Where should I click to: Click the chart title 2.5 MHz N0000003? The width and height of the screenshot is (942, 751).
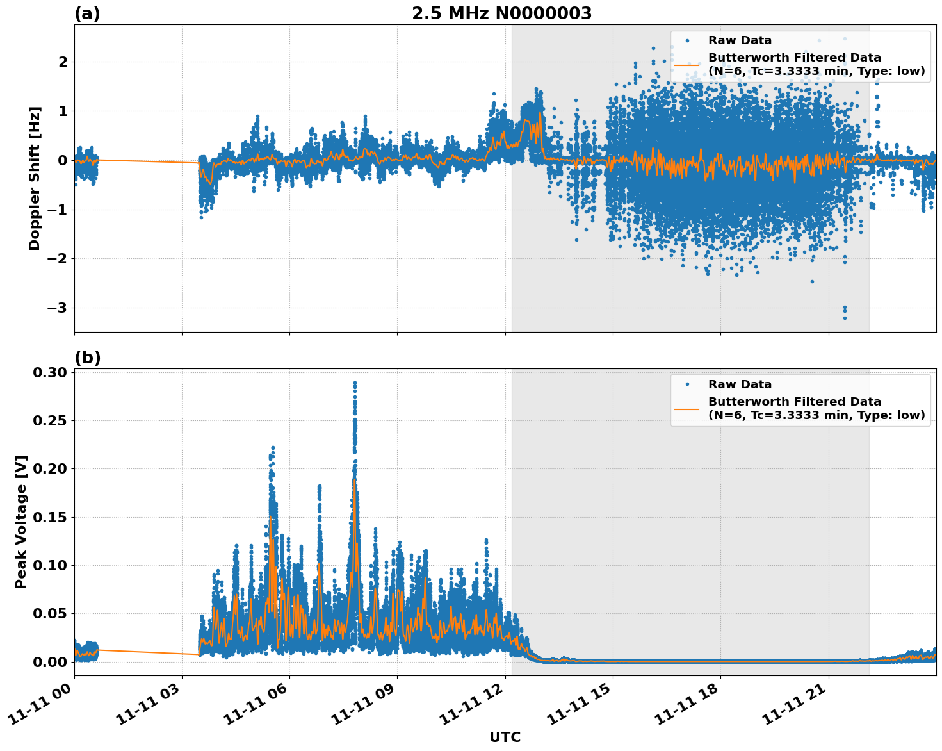[501, 13]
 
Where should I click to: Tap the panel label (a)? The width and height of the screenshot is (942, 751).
[87, 13]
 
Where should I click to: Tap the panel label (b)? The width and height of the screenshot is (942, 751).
[87, 358]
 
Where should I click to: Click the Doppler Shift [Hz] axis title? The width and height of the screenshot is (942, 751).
[35, 178]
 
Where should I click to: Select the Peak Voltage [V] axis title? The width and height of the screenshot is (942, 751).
[21, 522]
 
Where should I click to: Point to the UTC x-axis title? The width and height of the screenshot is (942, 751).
[505, 737]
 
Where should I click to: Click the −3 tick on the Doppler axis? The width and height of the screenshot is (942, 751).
[57, 308]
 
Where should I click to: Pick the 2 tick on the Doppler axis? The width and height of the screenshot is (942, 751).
[63, 62]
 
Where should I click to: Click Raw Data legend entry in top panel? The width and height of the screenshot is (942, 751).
[740, 40]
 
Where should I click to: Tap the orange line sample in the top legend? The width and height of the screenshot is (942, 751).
[686, 65]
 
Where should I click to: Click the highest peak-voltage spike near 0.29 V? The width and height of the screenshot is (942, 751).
[355, 383]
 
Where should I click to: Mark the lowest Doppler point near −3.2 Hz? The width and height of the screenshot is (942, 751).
[845, 318]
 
